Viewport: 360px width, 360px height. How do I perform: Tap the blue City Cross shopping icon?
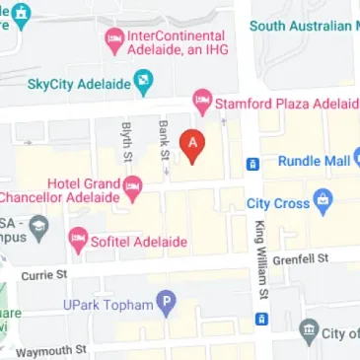pyautogui.click(x=322, y=204)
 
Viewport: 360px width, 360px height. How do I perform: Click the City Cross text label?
pyautogui.click(x=278, y=204)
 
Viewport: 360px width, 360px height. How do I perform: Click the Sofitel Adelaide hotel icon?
pyautogui.click(x=77, y=238)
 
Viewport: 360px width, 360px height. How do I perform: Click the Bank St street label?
pyautogui.click(x=162, y=140)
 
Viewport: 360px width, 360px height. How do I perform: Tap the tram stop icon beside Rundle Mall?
pyautogui.click(x=252, y=163)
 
